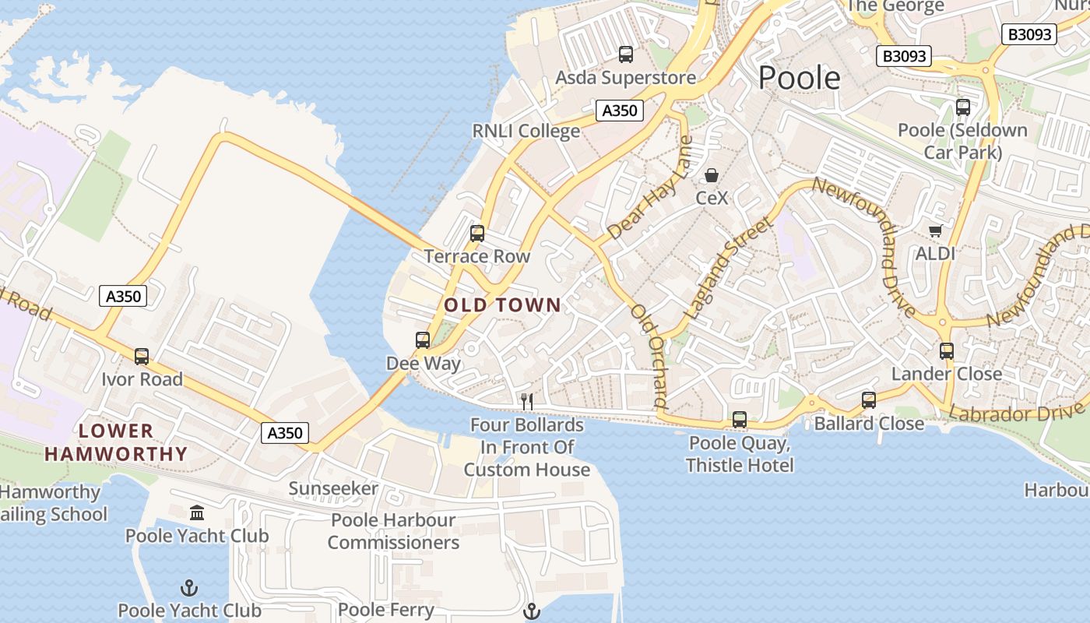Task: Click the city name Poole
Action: [800, 78]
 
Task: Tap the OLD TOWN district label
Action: [502, 305]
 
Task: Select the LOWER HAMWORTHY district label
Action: [116, 442]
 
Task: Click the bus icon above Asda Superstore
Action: [626, 55]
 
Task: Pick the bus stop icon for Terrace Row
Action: [477, 233]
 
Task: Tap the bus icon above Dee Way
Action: [423, 340]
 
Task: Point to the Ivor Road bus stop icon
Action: [142, 357]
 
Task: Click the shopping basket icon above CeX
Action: [712, 175]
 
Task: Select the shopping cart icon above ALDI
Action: [935, 231]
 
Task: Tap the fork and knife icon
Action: [527, 402]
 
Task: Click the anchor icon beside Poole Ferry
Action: [532, 611]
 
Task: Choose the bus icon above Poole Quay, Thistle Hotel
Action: [740, 420]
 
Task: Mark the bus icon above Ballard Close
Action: [869, 400]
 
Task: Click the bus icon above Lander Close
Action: [947, 351]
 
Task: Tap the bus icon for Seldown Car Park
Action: [963, 107]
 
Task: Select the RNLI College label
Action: [526, 131]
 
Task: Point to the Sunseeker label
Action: [333, 489]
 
